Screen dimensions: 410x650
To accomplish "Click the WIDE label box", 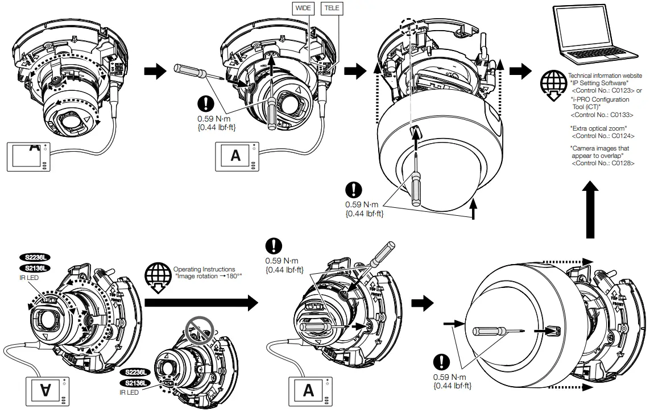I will [302, 9].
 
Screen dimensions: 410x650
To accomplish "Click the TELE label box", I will [330, 9].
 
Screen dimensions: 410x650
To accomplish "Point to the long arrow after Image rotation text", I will [202, 303].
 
